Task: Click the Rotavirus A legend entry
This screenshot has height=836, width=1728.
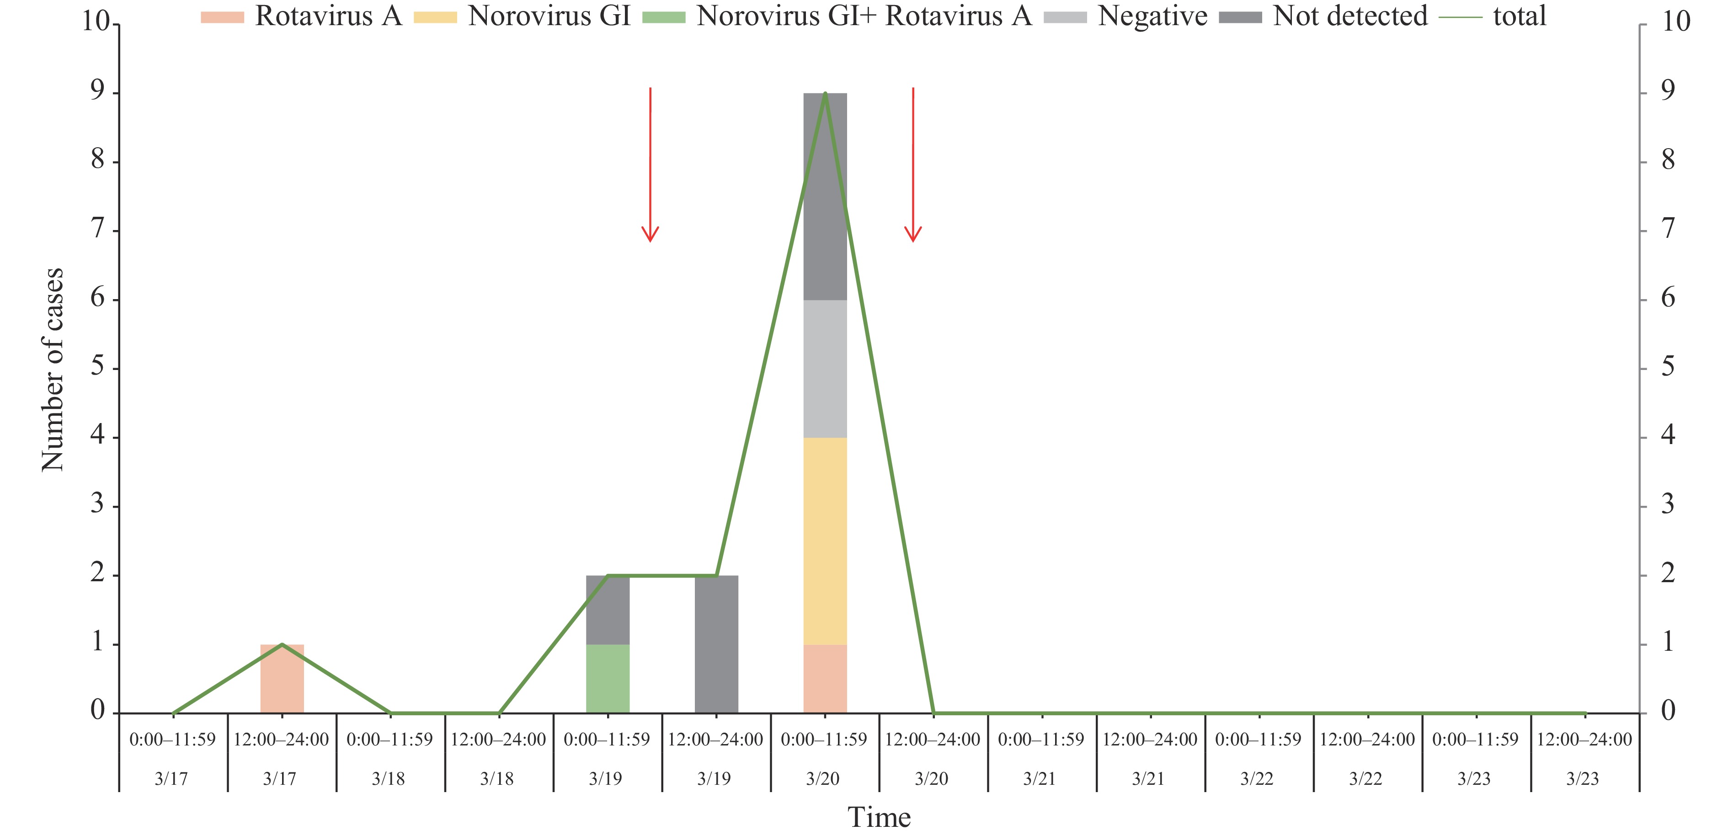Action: tap(302, 16)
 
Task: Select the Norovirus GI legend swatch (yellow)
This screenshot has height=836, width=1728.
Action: tap(435, 17)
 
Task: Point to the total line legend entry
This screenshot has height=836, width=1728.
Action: tap(1493, 16)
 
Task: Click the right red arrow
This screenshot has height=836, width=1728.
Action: tap(913, 164)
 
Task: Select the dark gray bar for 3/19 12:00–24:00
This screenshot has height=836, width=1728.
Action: tap(716, 644)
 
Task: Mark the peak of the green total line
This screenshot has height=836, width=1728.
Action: tap(825, 94)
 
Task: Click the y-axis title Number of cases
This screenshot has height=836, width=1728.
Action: tap(52, 369)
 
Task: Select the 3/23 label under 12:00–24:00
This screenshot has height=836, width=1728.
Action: tap(1583, 779)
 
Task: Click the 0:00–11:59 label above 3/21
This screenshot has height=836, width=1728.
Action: tap(1040, 740)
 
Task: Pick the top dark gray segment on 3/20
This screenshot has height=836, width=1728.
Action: tap(825, 197)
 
